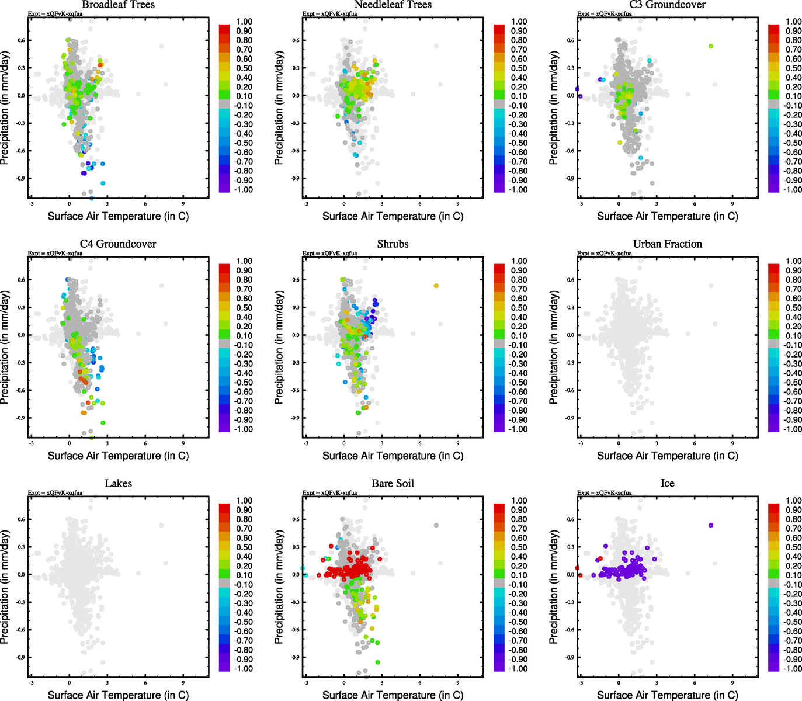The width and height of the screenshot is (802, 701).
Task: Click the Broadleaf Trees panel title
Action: pos(118,5)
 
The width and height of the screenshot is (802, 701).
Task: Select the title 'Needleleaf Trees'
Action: pos(393,5)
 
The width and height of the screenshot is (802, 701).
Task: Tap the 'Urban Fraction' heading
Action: pos(667,244)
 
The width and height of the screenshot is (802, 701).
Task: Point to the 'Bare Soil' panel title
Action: pos(393,484)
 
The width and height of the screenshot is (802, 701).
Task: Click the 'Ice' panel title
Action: pos(667,484)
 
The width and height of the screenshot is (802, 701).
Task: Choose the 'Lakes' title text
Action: pos(118,484)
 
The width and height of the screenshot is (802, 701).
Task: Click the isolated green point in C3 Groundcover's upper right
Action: pos(710,46)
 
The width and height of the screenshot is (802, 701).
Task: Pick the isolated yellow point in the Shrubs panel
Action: pos(436,286)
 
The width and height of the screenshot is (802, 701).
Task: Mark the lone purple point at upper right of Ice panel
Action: pos(710,525)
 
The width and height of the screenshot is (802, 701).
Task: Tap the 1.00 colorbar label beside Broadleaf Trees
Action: pos(244,22)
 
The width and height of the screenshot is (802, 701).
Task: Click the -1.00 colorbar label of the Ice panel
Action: pos(792,668)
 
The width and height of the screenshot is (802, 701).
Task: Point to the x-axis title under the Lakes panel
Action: pos(118,695)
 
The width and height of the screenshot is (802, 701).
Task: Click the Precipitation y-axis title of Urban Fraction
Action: pos(554,348)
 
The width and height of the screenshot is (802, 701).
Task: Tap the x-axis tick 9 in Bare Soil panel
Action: pos(457,682)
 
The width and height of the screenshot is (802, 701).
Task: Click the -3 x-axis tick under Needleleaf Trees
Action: pos(305,204)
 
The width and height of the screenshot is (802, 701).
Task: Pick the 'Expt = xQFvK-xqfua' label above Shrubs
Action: pos(329,254)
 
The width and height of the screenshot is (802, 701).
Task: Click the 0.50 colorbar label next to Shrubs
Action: pos(519,308)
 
